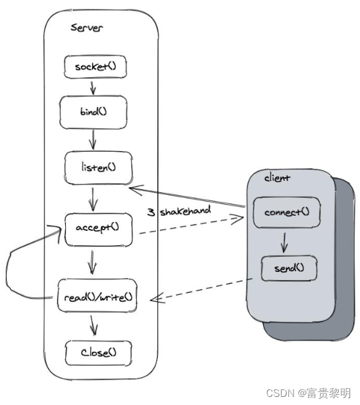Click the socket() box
[91, 67]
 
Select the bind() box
[93, 113]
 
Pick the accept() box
[97, 228]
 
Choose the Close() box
[98, 353]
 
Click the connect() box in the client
[287, 213]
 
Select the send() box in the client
[287, 269]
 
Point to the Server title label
[87, 27]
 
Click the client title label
[277, 178]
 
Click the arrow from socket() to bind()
[92, 86]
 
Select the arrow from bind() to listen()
[93, 139]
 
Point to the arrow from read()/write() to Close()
[94, 325]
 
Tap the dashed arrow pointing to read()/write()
[199, 290]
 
